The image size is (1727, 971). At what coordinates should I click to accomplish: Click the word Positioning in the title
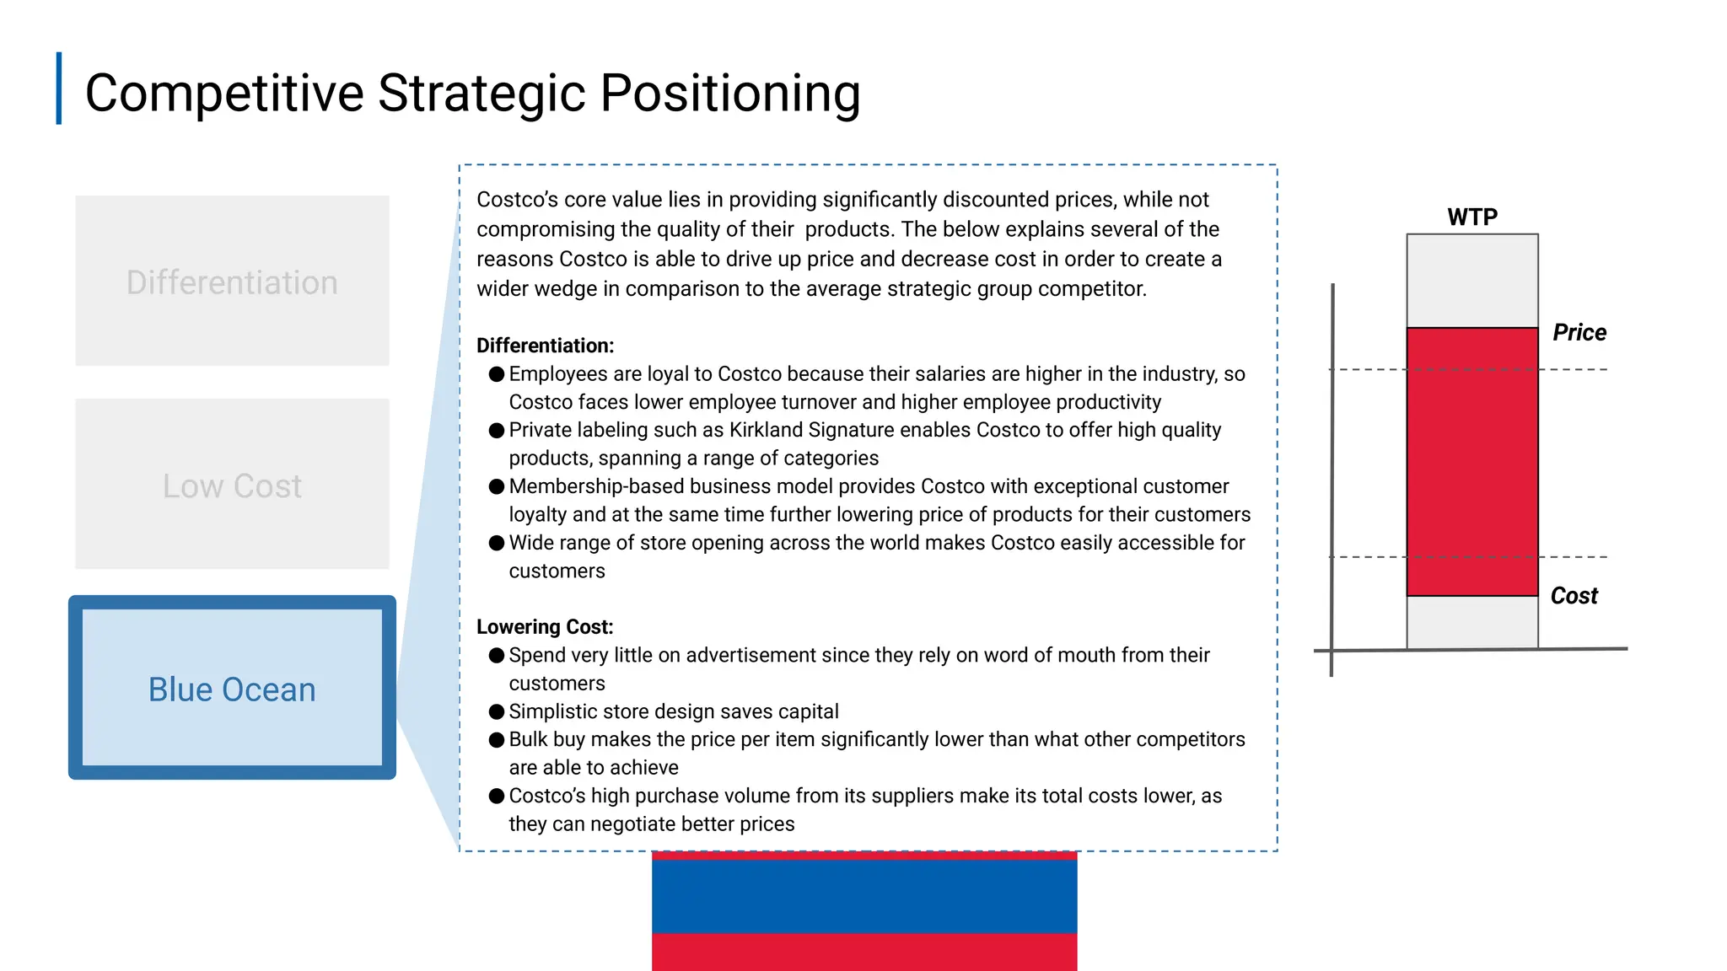(x=729, y=93)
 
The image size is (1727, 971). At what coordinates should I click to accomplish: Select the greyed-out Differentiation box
(x=232, y=282)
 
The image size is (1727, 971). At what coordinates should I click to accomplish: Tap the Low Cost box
(x=232, y=485)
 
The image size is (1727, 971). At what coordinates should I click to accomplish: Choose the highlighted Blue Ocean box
(x=232, y=689)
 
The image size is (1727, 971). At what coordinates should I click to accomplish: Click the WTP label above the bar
(x=1472, y=217)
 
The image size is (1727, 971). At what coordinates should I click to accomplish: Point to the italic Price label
(x=1579, y=332)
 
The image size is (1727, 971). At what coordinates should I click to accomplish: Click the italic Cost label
(x=1574, y=596)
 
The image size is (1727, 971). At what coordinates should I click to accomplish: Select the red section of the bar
(x=1472, y=461)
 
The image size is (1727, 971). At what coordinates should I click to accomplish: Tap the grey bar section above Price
(x=1472, y=281)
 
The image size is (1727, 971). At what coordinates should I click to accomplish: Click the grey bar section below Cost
(x=1472, y=622)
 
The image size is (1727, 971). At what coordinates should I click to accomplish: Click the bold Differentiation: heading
(x=545, y=346)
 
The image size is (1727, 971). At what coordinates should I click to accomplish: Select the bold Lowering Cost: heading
(x=545, y=627)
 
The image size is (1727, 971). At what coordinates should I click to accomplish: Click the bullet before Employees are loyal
(x=497, y=373)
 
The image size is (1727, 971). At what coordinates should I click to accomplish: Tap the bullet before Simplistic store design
(x=497, y=711)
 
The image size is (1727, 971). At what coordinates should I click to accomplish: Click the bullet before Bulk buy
(x=497, y=740)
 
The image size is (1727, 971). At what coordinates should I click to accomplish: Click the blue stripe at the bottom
(x=864, y=895)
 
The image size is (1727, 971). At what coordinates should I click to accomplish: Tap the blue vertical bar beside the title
(x=59, y=89)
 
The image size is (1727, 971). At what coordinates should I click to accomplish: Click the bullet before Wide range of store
(x=497, y=543)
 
